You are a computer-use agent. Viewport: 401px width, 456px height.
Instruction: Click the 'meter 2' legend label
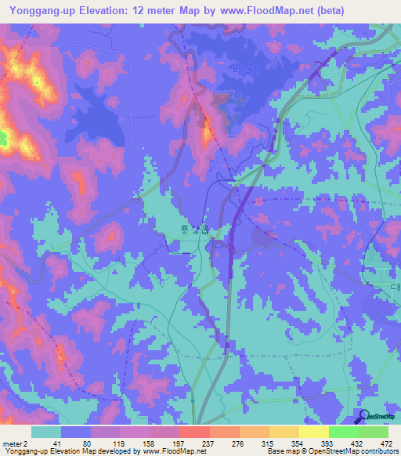(x=13, y=443)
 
